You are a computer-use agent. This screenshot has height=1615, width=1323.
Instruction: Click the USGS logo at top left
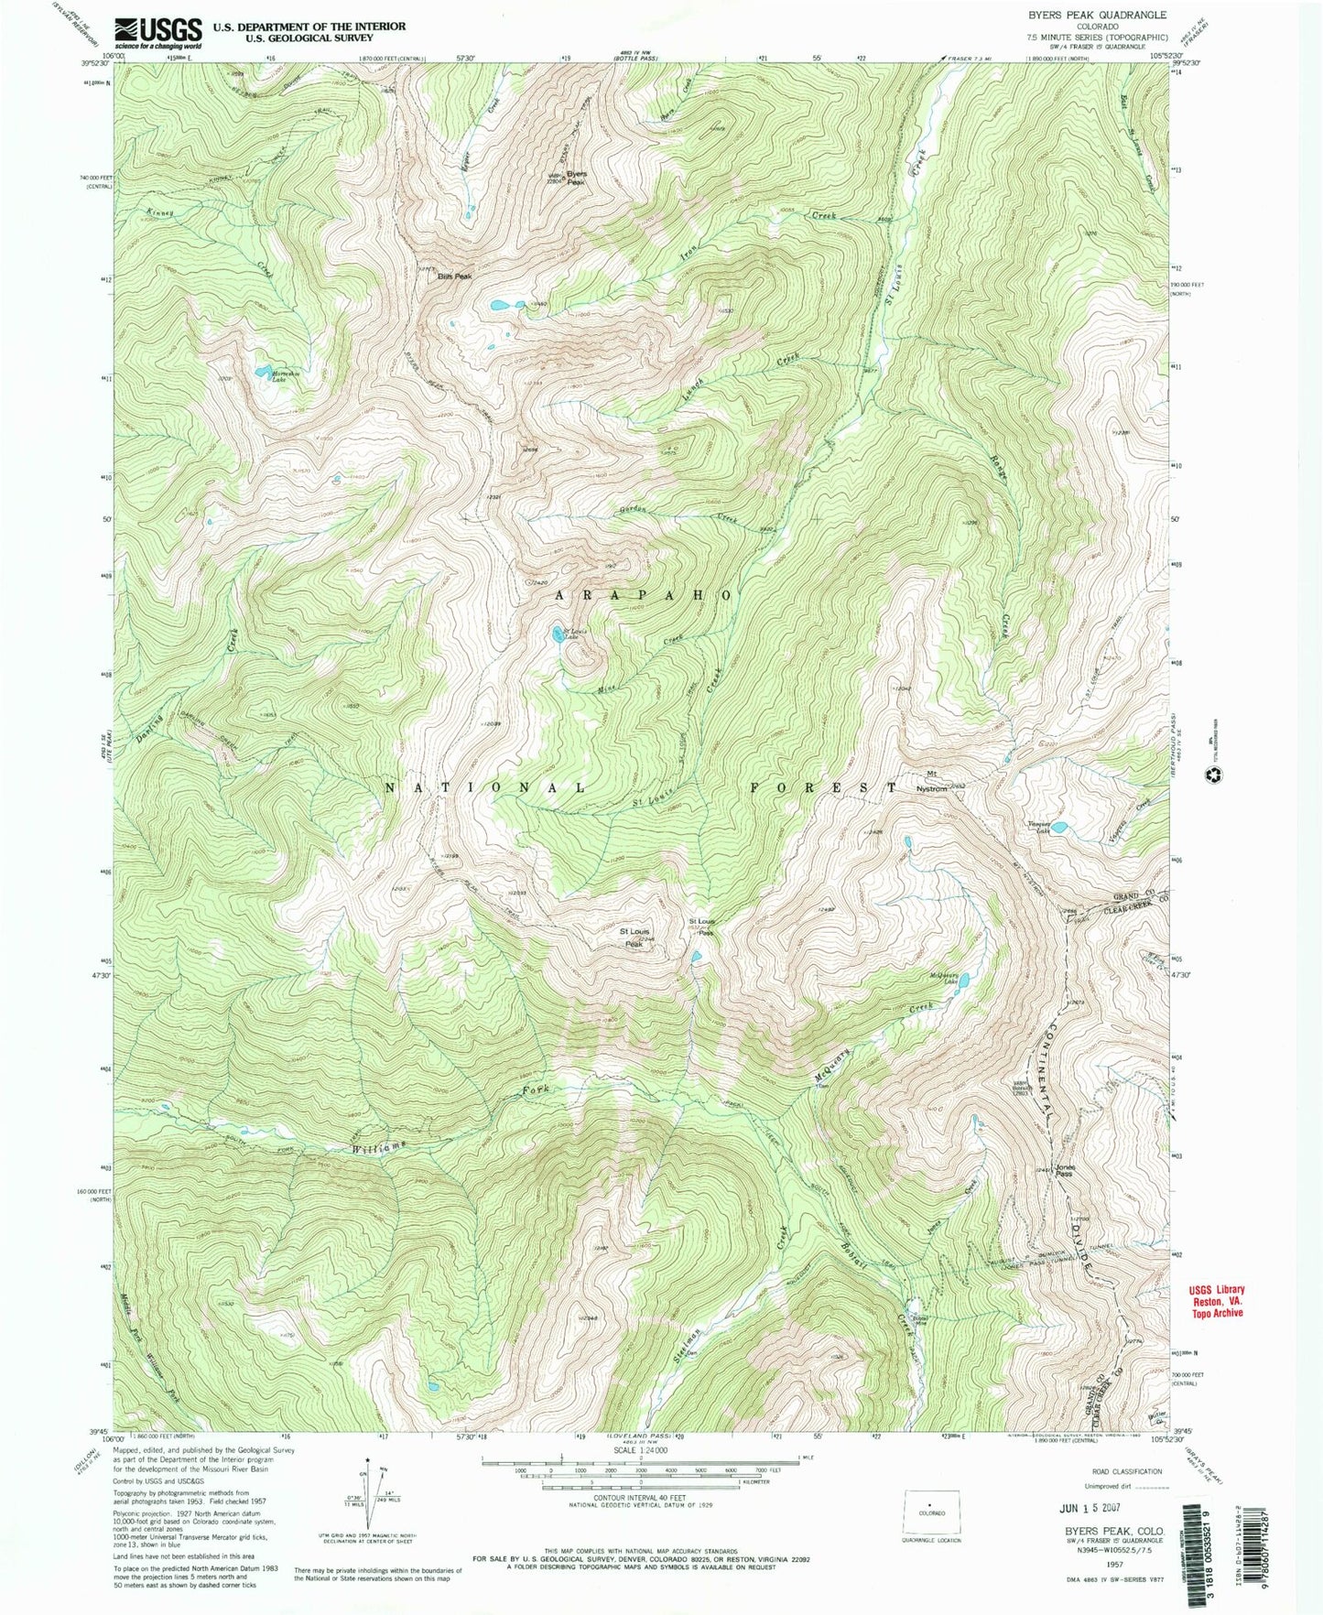tap(157, 33)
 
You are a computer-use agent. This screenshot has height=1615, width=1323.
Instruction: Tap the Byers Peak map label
tap(576, 178)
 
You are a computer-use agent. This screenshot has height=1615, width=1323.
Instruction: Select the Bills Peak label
tap(455, 276)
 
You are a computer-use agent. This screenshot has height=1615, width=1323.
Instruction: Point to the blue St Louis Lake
tap(556, 633)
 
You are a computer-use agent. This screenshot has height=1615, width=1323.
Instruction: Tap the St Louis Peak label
tap(635, 936)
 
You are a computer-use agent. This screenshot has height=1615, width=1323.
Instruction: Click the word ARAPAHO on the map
tap(644, 594)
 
